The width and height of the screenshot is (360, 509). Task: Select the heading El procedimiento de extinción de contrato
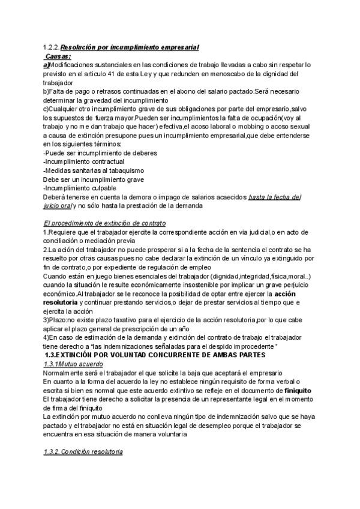[105, 223]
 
